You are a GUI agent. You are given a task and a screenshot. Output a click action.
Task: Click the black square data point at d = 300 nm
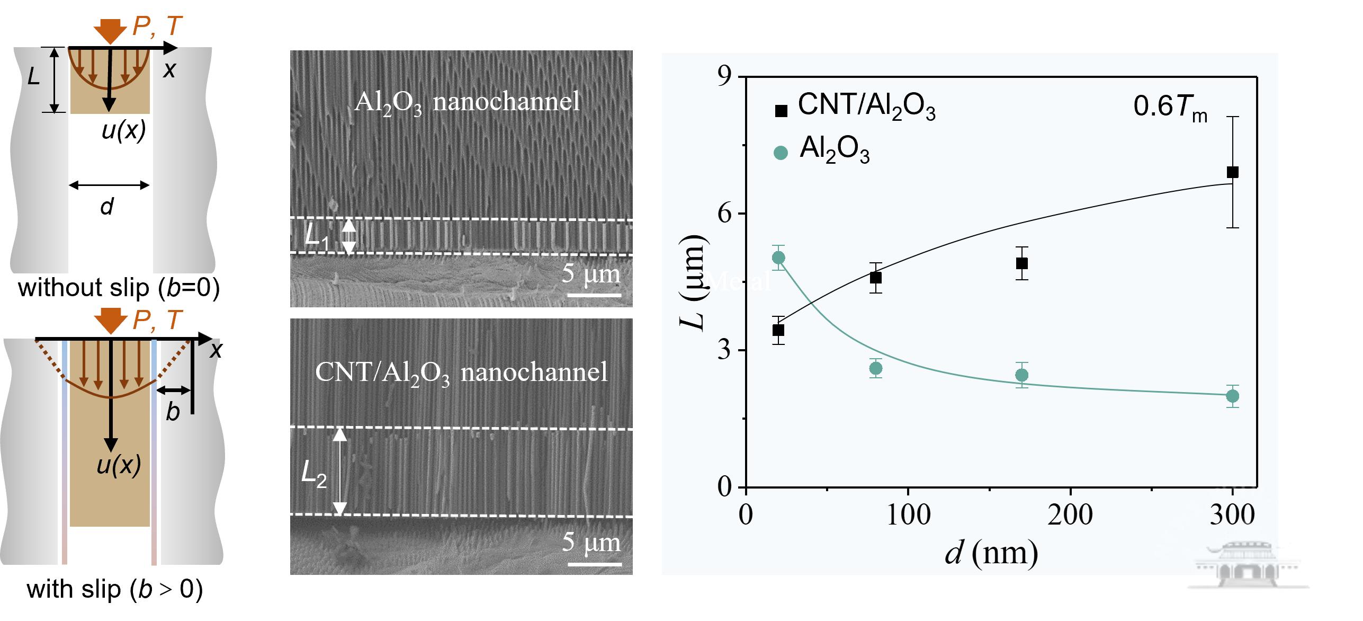pos(1233,172)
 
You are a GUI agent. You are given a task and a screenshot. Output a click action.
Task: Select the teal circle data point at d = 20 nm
pos(778,258)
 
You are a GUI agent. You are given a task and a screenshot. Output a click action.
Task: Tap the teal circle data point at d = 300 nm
pos(1233,396)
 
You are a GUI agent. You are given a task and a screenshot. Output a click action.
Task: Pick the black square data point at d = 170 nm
pos(1022,263)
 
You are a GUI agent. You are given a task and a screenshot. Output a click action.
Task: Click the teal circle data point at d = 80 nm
pos(876,368)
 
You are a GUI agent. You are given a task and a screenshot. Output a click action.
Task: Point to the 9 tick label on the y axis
pos(724,77)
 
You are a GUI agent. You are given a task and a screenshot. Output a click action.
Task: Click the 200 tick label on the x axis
pos(1070,515)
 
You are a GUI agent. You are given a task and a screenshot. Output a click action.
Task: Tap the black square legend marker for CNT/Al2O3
pos(781,111)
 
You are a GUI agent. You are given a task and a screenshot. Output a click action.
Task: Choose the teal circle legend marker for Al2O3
pos(781,153)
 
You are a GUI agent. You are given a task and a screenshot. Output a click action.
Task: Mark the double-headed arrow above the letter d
pos(109,185)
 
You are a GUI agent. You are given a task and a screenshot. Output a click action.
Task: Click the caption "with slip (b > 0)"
pos(115,590)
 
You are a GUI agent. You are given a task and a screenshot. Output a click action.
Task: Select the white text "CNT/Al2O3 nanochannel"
pos(461,373)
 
